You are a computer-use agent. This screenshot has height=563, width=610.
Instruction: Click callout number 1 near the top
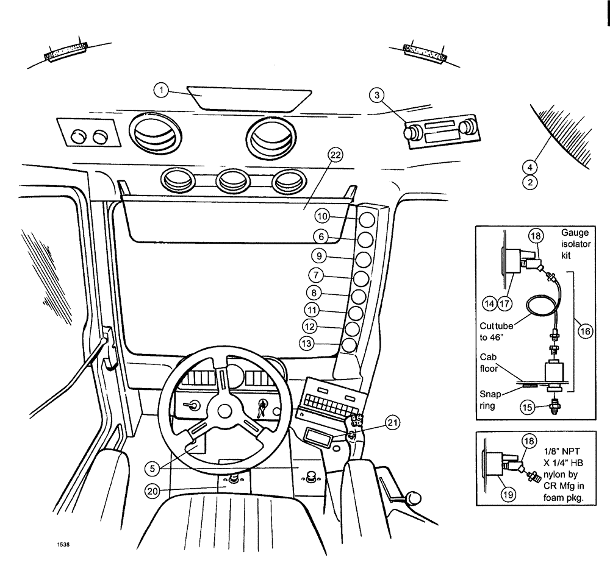(160, 90)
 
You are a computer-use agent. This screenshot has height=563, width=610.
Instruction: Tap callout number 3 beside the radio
(378, 94)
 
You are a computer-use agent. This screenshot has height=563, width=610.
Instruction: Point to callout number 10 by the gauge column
(323, 216)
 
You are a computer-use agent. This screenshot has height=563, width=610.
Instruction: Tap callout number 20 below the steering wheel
(152, 489)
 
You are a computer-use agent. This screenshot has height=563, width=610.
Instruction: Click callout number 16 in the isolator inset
(584, 331)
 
